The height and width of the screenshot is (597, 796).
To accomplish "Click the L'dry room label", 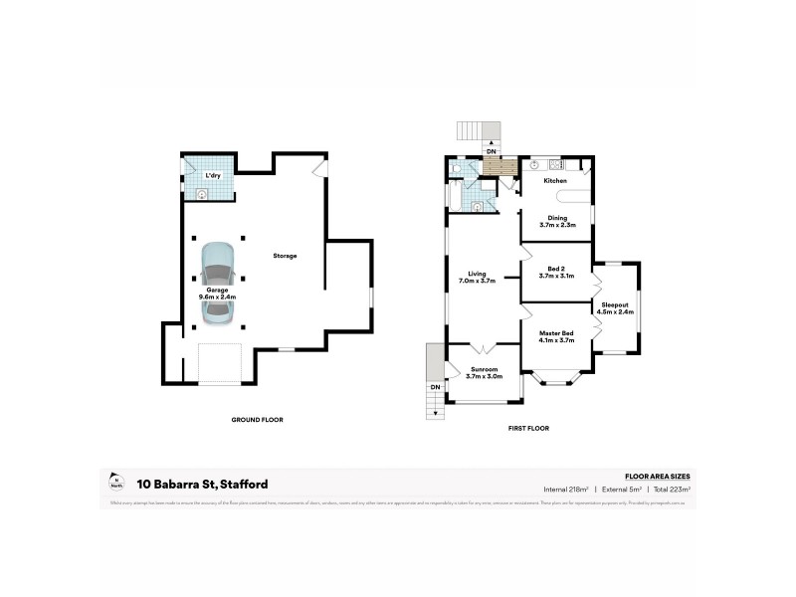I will pos(212,176).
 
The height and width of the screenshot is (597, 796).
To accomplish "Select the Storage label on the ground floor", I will pos(286,256).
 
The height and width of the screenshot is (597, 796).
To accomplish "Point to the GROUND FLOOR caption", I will pos(257,420).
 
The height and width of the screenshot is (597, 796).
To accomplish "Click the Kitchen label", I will pos(554,181).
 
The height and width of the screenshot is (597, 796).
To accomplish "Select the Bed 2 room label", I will pos(556,272).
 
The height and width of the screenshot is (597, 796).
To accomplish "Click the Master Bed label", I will pos(556,336).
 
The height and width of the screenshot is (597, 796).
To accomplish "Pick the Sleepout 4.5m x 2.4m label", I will pos(614,308).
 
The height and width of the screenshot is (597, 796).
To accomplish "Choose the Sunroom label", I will pos(484,373).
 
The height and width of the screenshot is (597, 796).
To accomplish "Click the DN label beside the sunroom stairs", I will pos(434,387).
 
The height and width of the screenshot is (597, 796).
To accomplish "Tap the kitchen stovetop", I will pos(554,164).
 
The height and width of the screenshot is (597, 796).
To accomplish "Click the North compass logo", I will pos(117,484).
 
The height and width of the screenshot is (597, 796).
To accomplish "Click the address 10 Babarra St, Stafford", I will pos(202,485).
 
